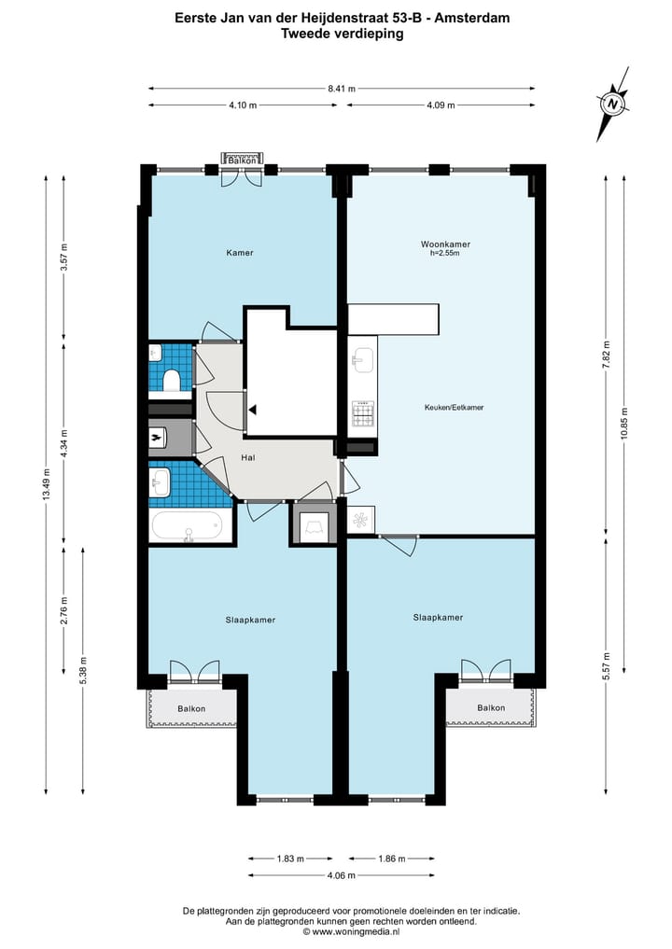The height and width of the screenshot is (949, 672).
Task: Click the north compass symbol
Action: pyautogui.click(x=613, y=105)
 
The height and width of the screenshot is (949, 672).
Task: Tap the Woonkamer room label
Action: pyautogui.click(x=445, y=244)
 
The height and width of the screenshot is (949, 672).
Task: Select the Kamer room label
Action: pyautogui.click(x=240, y=252)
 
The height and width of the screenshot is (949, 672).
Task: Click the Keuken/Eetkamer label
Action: pyautogui.click(x=454, y=408)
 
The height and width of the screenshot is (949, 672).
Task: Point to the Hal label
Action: pyautogui.click(x=248, y=457)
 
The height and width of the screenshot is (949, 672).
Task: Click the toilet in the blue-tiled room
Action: pyautogui.click(x=172, y=381)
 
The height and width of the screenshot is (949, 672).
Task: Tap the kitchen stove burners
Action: pyautogui.click(x=363, y=414)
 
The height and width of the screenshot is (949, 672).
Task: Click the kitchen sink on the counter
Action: pyautogui.click(x=362, y=361)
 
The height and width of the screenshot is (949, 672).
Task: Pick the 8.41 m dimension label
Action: pyautogui.click(x=342, y=89)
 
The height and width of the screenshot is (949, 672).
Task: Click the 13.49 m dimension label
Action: pyautogui.click(x=46, y=484)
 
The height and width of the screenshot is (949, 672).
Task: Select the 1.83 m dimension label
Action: pyautogui.click(x=290, y=858)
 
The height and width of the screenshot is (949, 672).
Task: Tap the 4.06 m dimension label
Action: pyautogui.click(x=342, y=875)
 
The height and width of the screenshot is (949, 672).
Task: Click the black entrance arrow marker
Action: pyautogui.click(x=252, y=410)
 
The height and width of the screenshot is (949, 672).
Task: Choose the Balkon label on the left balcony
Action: pyautogui.click(x=191, y=709)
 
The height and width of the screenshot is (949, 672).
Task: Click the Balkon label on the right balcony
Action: pyautogui.click(x=491, y=707)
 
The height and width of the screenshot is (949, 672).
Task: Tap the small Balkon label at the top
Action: pyautogui.click(x=242, y=160)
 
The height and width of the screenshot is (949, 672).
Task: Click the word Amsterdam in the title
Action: pyautogui.click(x=472, y=18)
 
